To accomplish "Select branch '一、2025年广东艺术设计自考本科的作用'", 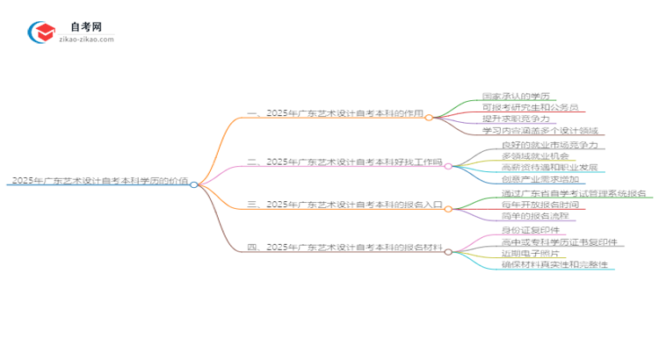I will pyautogui.click(x=336, y=114).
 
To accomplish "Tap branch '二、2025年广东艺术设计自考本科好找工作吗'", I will pyautogui.click(x=345, y=162).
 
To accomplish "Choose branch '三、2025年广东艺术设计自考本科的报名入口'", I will pyautogui.click(x=345, y=205).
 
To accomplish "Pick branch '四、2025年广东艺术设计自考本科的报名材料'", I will pyautogui.click(x=345, y=248).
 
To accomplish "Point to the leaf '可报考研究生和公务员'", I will pyautogui.click(x=529, y=107).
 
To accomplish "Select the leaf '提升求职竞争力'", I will pyautogui.click(x=516, y=119).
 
